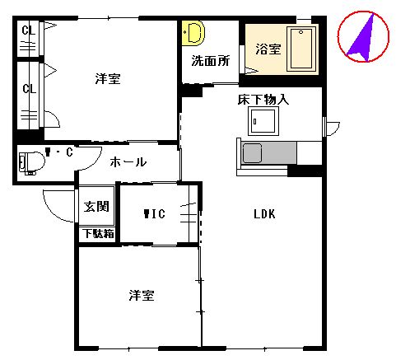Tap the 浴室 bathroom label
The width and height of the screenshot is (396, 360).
268,49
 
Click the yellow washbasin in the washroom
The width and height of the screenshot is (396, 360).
194,34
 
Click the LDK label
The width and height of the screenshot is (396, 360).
263,215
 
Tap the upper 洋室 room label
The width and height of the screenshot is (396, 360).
108,79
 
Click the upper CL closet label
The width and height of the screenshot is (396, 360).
28,32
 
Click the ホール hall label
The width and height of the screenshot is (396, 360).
128,162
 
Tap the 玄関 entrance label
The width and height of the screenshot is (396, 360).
96,207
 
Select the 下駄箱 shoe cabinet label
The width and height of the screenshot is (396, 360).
98,233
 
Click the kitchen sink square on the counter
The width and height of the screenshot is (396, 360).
252,152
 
